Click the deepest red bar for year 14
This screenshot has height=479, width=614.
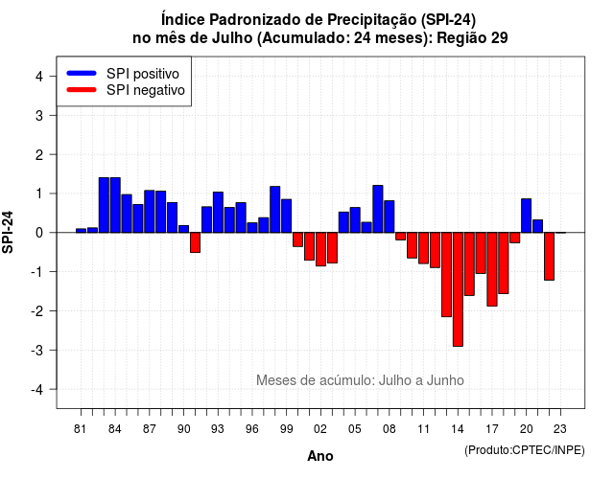pos(458,289)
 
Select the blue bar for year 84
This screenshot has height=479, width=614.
pos(115,205)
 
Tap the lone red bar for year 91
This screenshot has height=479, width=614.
pos(195,242)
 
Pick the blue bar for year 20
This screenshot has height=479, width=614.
pos(527,216)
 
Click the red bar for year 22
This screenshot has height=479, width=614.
pos(549,256)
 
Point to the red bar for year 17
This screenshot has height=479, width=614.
pos(492,269)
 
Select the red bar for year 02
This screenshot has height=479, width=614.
pos(320,249)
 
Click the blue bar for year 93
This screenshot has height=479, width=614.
pos(218,213)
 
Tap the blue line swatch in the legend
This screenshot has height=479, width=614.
pos(82,73)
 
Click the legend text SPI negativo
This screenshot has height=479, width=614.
pos(146,90)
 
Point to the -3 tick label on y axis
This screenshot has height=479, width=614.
pos(37,350)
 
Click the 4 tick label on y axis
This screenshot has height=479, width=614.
pos(39,77)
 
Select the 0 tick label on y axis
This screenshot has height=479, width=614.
pos(39,233)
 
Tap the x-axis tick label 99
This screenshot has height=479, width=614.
pos(287,429)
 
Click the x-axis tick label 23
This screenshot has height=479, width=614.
pos(560,429)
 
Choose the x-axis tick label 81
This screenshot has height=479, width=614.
pos(81,429)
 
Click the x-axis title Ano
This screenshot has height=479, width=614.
pos(320,456)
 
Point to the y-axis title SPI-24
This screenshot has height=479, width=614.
pos(8,232)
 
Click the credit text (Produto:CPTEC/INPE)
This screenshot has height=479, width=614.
pos(525,450)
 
